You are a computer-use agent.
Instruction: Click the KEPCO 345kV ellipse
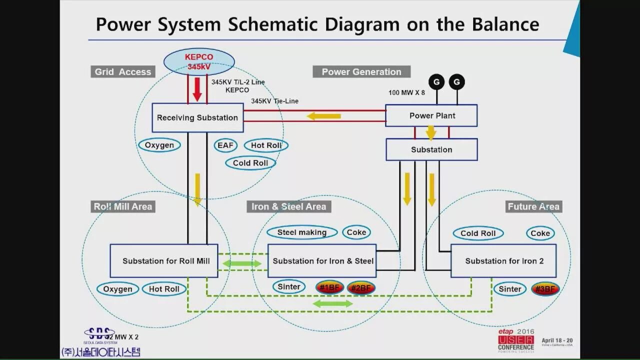click(199, 61)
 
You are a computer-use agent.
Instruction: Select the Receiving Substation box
click(197, 118)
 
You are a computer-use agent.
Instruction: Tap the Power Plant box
click(431, 115)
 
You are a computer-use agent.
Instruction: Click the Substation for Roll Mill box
click(163, 260)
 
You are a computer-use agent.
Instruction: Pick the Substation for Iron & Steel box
click(322, 260)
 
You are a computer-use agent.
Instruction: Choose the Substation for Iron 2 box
click(503, 260)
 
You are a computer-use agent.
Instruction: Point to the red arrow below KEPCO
click(197, 89)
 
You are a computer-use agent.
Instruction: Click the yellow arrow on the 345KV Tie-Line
click(323, 116)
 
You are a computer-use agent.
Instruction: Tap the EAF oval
click(225, 145)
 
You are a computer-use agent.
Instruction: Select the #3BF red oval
click(545, 288)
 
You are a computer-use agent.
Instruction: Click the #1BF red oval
click(329, 287)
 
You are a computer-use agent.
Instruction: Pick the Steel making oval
click(301, 232)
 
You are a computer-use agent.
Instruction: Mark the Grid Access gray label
click(122, 72)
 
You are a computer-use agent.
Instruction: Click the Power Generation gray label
click(361, 72)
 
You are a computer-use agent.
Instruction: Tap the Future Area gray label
click(533, 206)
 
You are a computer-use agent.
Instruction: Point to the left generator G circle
click(436, 82)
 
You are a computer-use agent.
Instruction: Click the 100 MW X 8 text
click(406, 92)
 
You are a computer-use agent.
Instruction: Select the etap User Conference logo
click(515, 340)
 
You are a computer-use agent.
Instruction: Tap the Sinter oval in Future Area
click(510, 288)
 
